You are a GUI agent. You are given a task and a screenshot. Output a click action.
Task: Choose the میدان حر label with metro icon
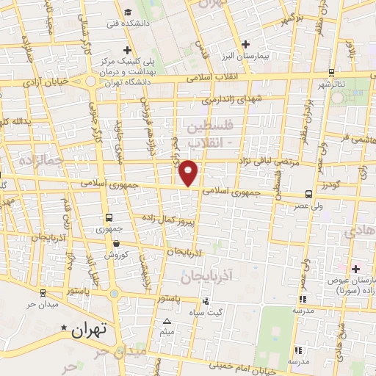41,304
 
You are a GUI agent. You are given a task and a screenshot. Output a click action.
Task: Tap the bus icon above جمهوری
109,217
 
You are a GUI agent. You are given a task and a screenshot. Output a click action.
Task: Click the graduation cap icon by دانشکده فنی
129,11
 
